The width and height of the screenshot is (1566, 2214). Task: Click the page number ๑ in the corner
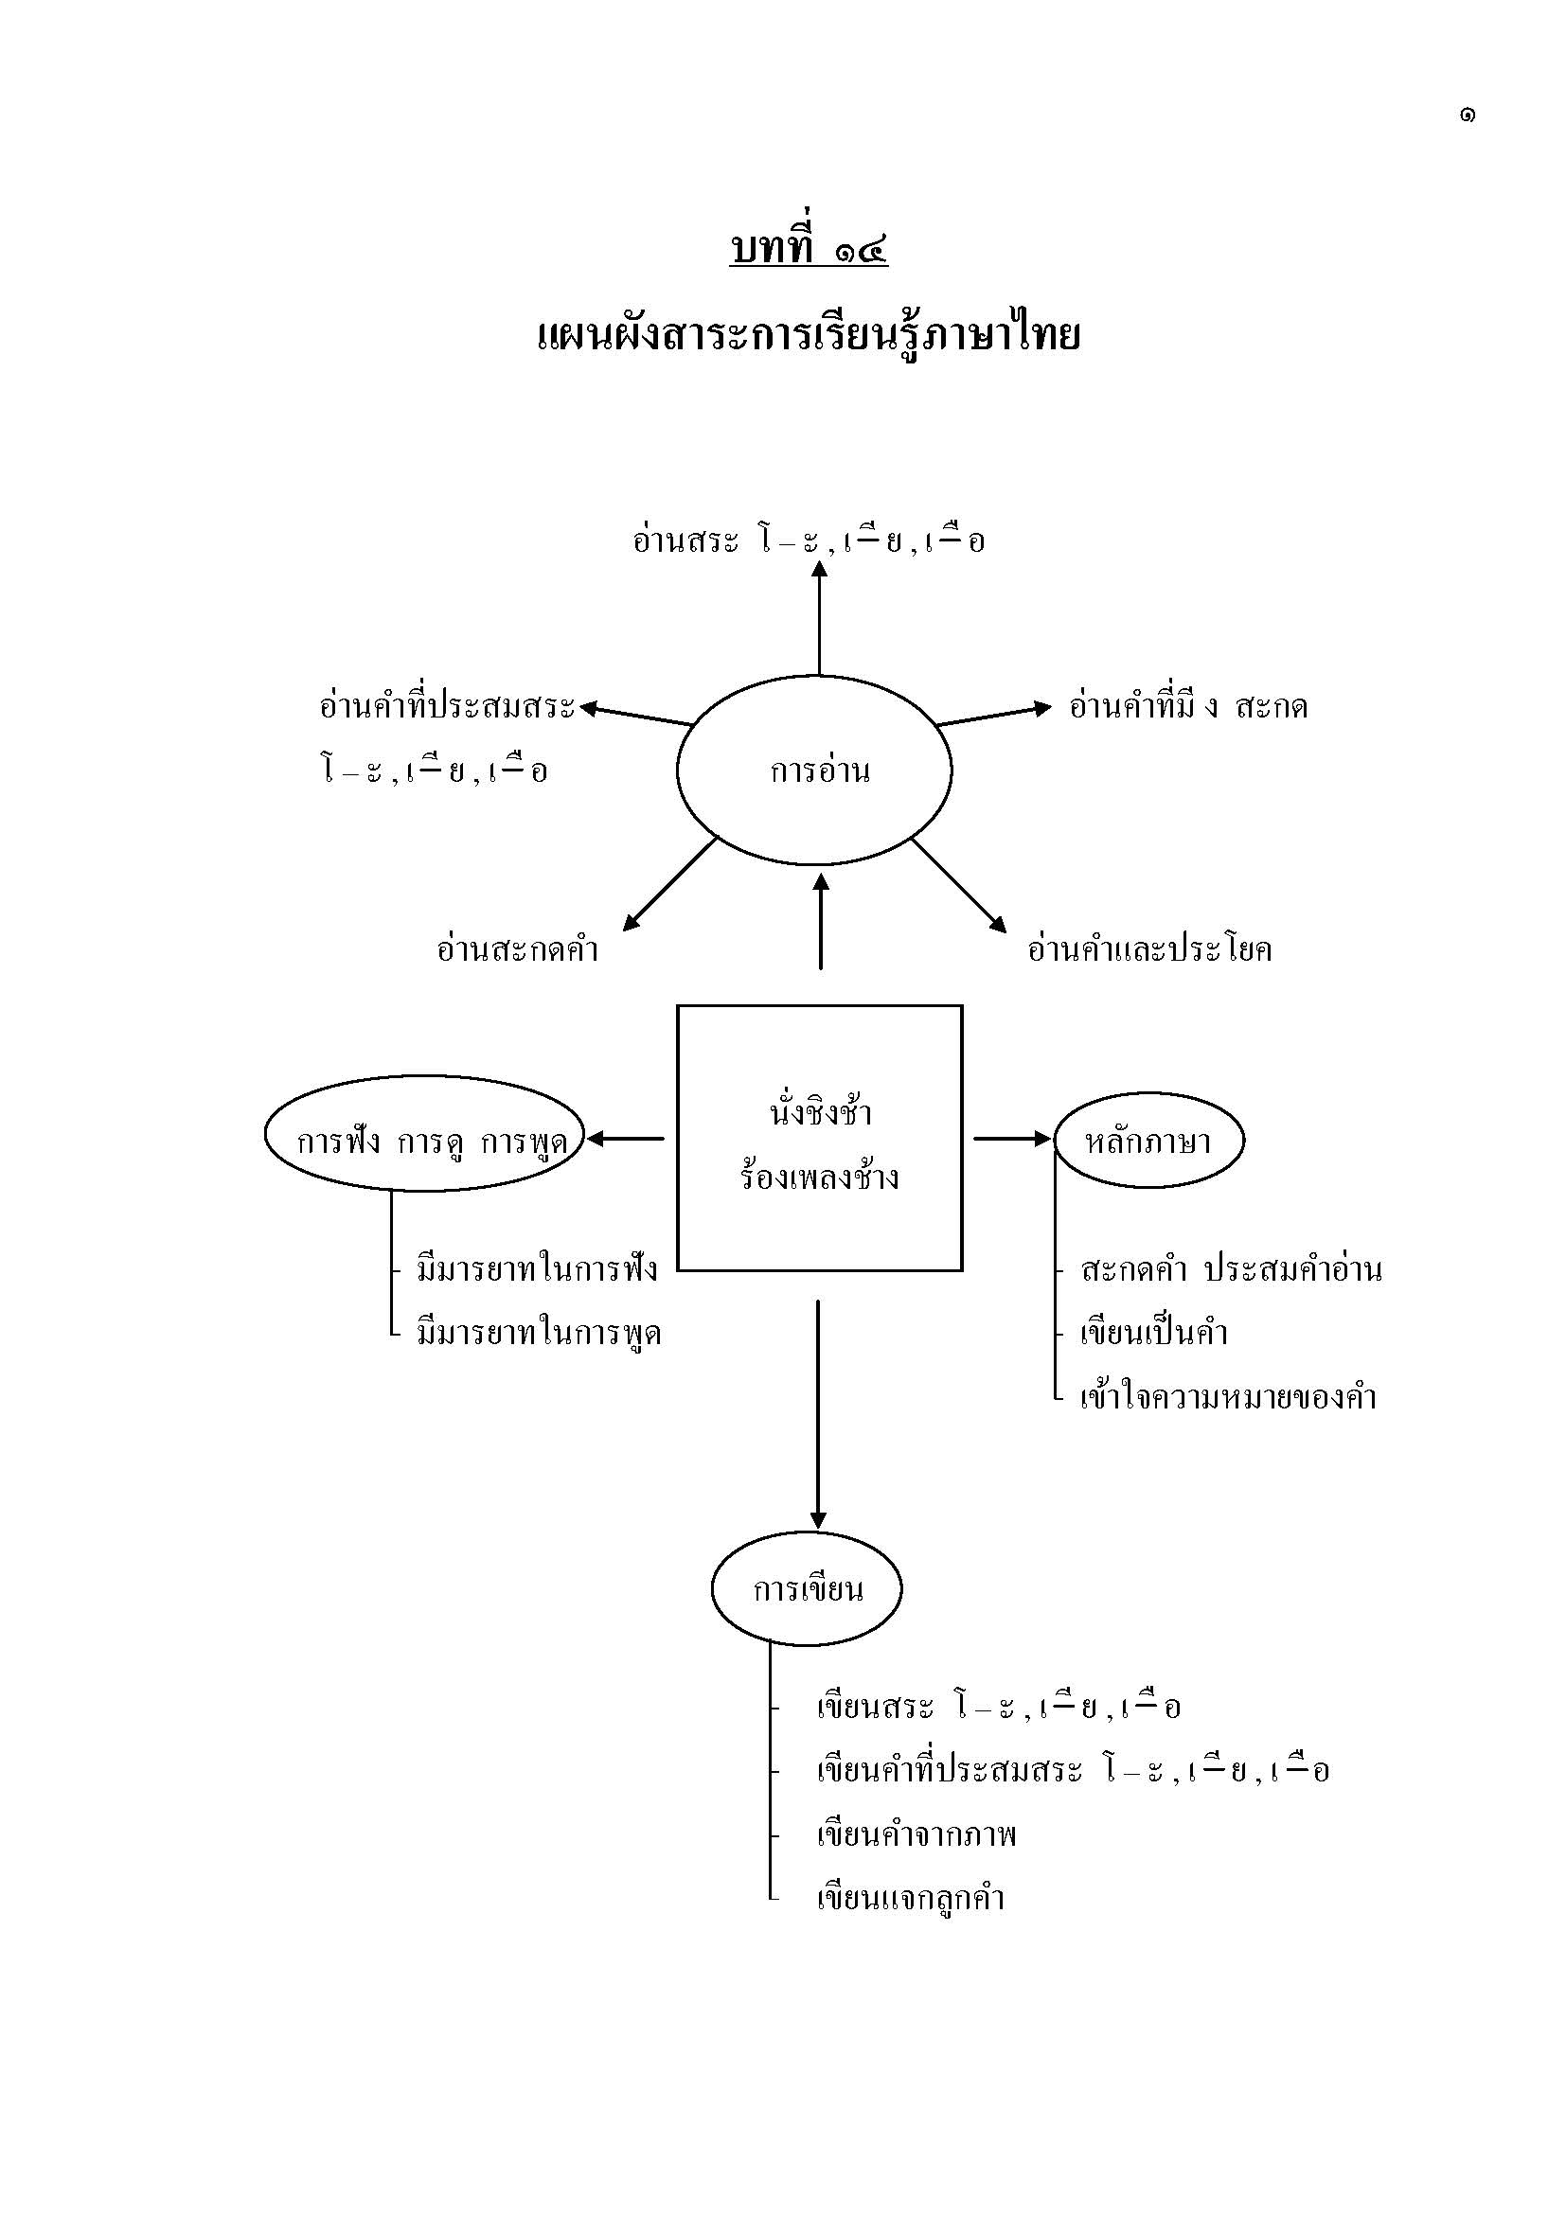[x=1467, y=115]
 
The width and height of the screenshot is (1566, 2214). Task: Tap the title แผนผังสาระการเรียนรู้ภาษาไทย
[x=808, y=337]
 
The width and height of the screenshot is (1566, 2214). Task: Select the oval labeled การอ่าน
[x=815, y=770]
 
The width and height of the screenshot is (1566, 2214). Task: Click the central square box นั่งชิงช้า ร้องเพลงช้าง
[x=820, y=1138]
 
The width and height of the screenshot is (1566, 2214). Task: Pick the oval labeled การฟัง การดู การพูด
[x=425, y=1141]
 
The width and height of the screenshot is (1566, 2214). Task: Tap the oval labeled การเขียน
[x=807, y=1589]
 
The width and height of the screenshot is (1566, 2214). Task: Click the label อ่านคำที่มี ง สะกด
[x=1188, y=707]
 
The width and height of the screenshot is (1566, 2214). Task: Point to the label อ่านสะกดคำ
[x=518, y=949]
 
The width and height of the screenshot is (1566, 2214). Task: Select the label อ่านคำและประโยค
[x=1149, y=949]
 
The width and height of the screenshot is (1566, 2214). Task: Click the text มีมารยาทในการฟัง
[x=537, y=1269]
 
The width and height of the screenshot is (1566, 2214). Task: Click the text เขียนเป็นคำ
[x=1153, y=1334]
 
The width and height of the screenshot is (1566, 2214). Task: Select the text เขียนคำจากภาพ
[x=916, y=1835]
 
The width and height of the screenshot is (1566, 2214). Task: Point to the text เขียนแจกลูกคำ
[x=910, y=1899]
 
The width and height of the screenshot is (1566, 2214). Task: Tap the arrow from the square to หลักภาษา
[x=1010, y=1139]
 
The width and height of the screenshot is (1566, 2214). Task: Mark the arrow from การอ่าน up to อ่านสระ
[x=820, y=617]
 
